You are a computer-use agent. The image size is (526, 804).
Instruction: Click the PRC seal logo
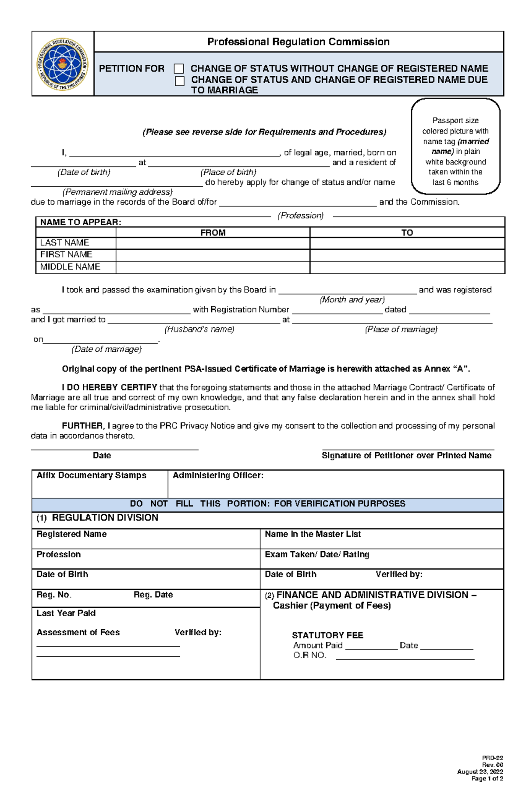(x=62, y=64)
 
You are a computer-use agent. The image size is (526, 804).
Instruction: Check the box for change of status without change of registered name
(x=179, y=69)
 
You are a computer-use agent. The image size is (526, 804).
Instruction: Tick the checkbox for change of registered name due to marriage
(x=180, y=81)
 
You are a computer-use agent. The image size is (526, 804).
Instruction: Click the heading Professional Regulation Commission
(x=298, y=42)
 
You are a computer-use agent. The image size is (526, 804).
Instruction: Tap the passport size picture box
(x=455, y=146)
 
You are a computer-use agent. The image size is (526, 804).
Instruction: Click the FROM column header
(x=213, y=233)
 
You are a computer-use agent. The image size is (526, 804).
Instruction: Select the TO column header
(x=407, y=233)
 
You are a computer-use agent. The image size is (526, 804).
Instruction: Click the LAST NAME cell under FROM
(x=213, y=243)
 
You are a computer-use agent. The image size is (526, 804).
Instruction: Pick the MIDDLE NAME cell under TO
(x=407, y=267)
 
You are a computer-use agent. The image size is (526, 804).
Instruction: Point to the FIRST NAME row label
(x=66, y=255)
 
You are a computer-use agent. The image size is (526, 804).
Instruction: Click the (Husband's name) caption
(x=199, y=329)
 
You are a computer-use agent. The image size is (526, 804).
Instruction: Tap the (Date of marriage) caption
(x=107, y=349)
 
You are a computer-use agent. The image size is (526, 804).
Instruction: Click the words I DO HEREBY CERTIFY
(x=110, y=387)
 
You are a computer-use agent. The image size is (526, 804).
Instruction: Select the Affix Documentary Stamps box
(x=100, y=484)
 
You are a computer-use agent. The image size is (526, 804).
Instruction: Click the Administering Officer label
(x=218, y=475)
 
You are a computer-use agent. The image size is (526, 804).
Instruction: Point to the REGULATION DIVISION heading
(x=105, y=518)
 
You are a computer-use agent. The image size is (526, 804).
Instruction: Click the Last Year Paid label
(x=66, y=613)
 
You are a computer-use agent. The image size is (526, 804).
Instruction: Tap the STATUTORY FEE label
(x=327, y=635)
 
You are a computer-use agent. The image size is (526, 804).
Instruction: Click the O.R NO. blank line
(x=405, y=656)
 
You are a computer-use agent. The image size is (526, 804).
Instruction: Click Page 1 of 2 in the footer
(x=487, y=779)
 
